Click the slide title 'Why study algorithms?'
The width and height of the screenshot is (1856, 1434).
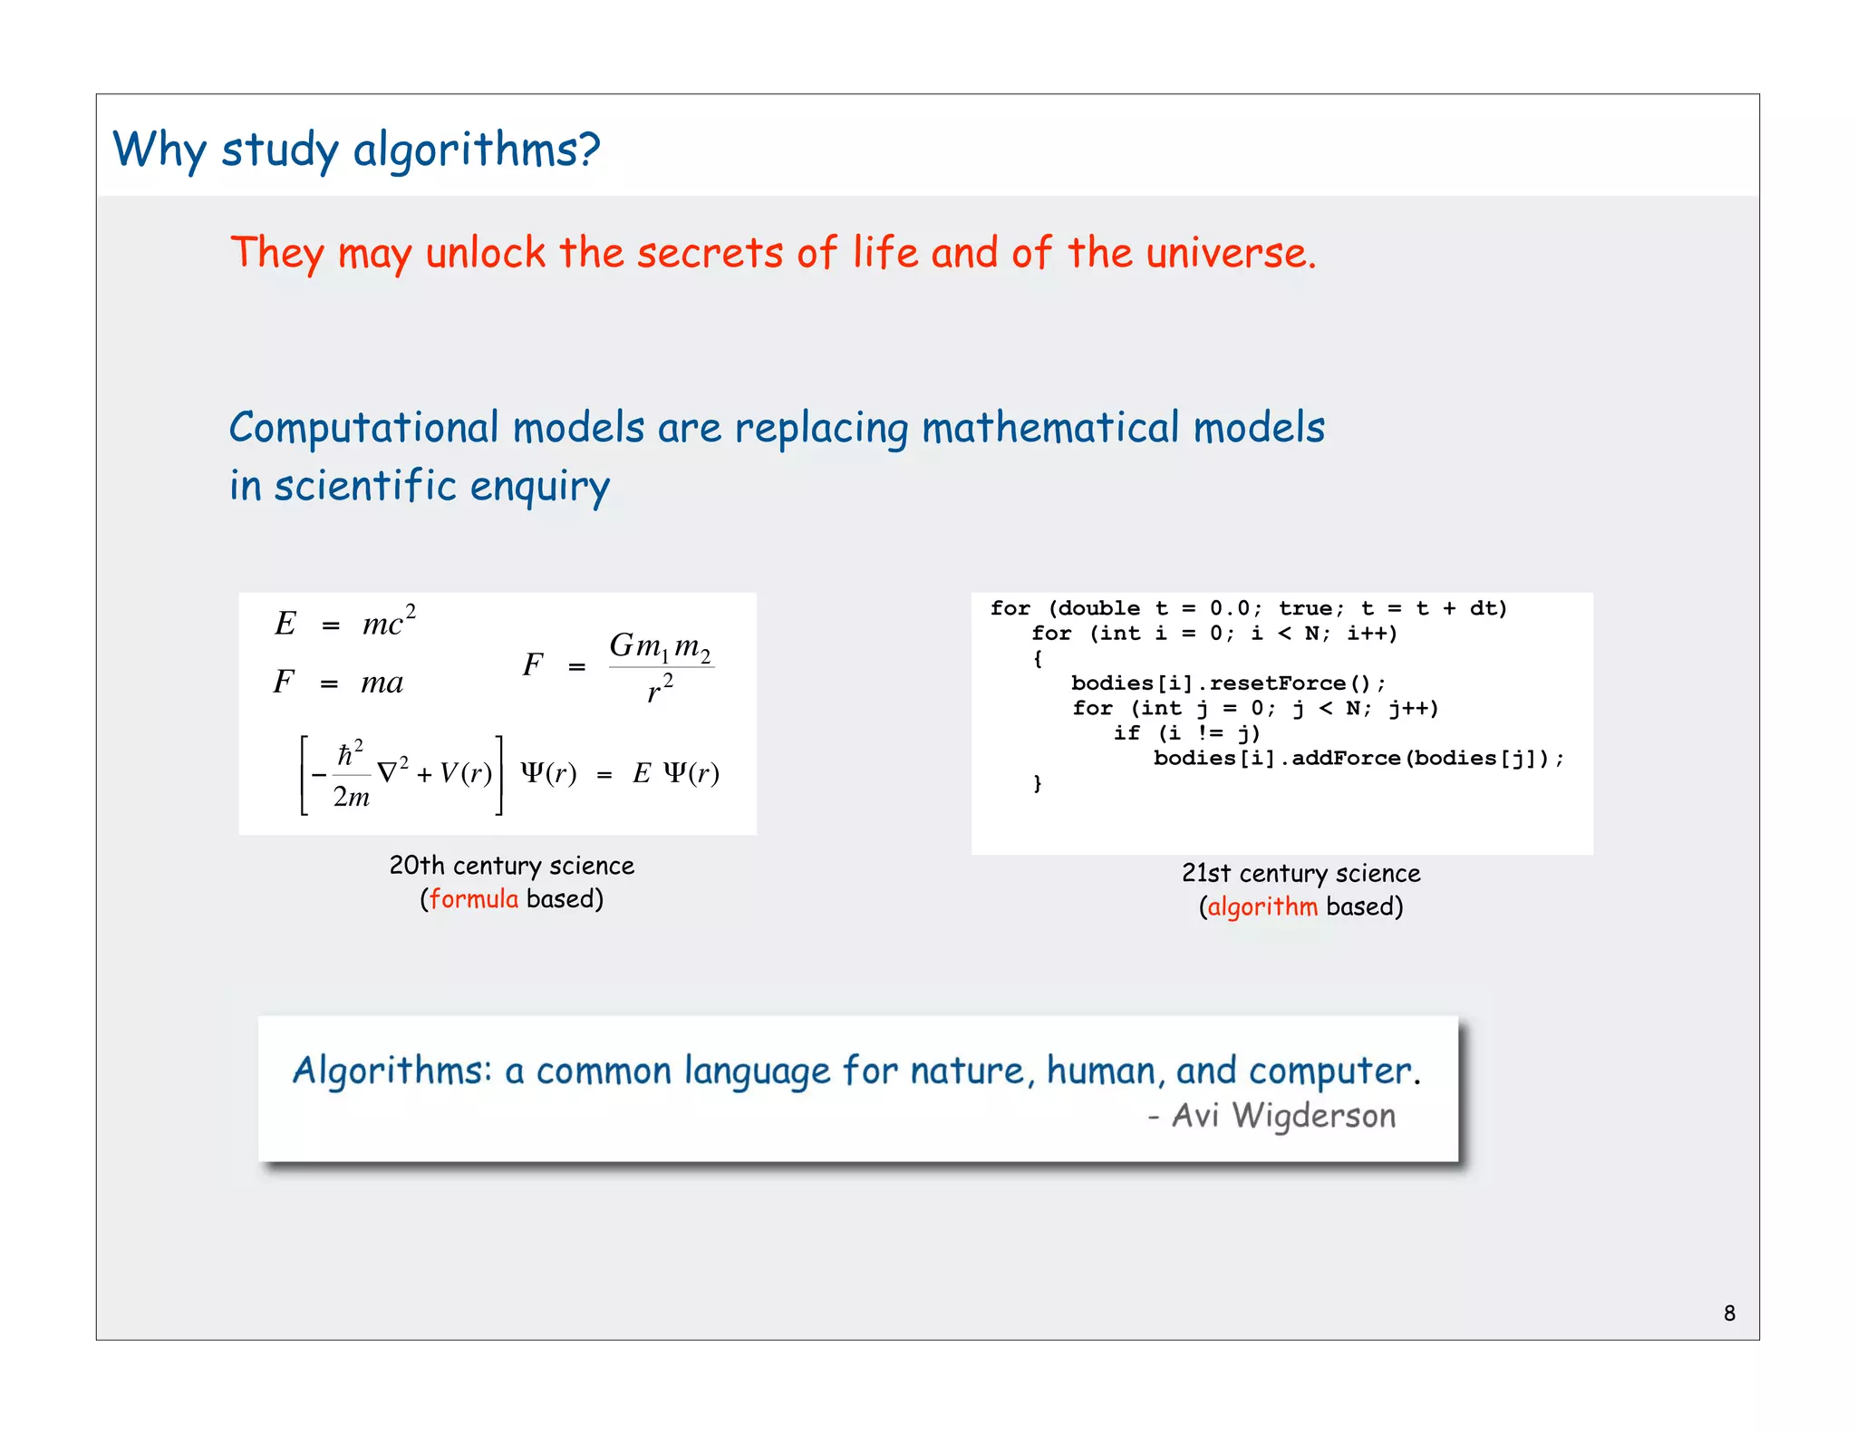click(x=356, y=150)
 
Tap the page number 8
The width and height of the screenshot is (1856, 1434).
click(x=1729, y=1313)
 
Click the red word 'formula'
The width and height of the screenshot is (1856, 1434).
click(x=474, y=899)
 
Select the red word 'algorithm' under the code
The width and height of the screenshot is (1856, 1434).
click(x=1262, y=907)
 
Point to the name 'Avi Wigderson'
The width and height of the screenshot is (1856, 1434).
click(x=1283, y=1116)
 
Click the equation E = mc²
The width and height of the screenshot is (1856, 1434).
click(x=345, y=623)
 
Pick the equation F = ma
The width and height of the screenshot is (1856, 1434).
click(x=338, y=682)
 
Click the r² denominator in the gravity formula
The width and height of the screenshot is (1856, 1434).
click(x=660, y=691)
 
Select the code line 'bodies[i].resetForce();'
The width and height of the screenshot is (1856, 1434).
click(x=1228, y=683)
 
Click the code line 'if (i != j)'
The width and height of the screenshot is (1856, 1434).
click(x=1186, y=733)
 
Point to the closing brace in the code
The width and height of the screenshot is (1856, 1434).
click(x=1038, y=783)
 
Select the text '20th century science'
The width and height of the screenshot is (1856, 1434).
click(x=511, y=866)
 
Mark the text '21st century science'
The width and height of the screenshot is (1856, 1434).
click(x=1300, y=874)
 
